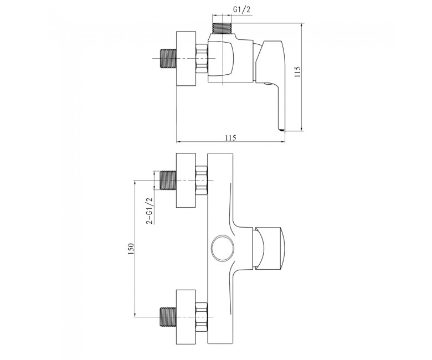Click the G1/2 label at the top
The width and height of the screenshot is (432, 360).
242,9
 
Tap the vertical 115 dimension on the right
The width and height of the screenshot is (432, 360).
297,72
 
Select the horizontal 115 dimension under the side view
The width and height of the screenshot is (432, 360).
230,137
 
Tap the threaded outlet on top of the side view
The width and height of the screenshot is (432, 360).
222,29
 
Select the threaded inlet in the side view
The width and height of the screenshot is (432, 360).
168,58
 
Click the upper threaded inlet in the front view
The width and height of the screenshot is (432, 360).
168,181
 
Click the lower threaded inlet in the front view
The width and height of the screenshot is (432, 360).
168,317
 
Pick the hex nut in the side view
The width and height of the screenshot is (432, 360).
202,58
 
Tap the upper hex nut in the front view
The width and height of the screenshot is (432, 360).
202,181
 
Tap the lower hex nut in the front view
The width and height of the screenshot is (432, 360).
202,317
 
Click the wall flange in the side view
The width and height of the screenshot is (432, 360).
186,59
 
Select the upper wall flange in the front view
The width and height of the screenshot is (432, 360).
186,181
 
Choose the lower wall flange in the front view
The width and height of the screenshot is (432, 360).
186,317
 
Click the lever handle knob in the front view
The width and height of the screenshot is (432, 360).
270,248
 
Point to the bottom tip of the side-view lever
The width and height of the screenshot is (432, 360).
281,130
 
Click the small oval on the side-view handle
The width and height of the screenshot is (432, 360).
267,84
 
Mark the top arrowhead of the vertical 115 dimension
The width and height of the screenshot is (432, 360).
302,25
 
